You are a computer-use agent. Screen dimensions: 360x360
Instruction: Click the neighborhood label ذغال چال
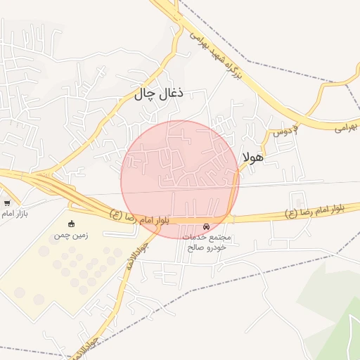[159, 94]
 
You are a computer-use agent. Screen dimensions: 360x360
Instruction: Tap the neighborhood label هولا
[252, 157]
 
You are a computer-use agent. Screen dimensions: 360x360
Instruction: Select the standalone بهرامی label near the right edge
[345, 127]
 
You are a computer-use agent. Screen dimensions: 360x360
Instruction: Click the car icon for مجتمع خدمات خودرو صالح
[206, 227]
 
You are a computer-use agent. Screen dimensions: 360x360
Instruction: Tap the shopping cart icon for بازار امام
[7, 203]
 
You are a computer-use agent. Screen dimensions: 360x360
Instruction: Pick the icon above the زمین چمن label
[70, 224]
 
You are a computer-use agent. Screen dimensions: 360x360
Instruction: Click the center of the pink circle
[180, 179]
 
